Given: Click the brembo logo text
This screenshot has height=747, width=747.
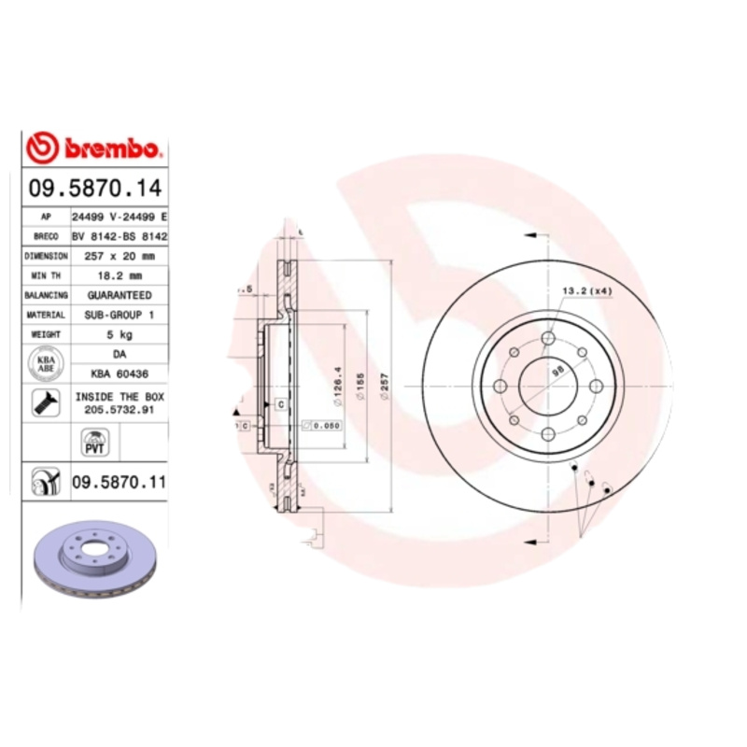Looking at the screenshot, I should click(x=112, y=148).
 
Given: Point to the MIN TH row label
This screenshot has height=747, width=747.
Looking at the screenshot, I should click(x=46, y=275).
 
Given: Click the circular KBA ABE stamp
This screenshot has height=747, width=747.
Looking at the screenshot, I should click(x=45, y=363).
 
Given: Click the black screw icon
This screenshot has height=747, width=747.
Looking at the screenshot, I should click(x=44, y=403).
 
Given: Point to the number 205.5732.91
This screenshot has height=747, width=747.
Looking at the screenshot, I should click(x=119, y=409).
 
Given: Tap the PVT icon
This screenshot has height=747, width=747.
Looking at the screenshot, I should click(x=93, y=441).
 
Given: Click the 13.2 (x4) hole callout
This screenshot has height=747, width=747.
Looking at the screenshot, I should click(x=585, y=291).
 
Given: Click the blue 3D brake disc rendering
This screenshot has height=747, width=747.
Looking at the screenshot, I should click(x=93, y=560).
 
